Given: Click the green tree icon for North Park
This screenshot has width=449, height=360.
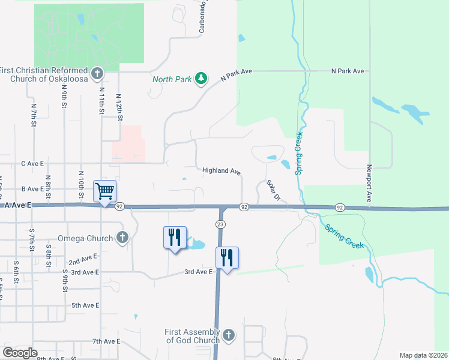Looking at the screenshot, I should tap(202, 79).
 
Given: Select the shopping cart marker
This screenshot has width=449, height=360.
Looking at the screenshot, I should tap(104, 192).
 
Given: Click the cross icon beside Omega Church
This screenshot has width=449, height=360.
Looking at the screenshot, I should tap(122, 238).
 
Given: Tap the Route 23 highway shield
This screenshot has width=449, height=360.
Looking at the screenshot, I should tap(220, 223).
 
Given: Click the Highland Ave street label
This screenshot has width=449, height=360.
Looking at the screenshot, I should tap(221, 171).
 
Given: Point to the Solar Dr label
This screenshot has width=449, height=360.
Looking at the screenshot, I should tap(273, 190).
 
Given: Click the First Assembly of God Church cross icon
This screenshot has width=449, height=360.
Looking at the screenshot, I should tap(228, 336).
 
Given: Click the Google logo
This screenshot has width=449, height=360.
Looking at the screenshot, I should tap(20, 353).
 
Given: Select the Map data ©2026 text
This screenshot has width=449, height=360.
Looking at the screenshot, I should tap(423, 355).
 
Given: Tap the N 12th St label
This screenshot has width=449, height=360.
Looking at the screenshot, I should tap(119, 107).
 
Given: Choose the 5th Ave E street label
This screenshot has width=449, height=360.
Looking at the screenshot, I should tap(85, 305).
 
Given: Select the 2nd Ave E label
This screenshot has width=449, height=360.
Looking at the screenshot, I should tap(83, 261).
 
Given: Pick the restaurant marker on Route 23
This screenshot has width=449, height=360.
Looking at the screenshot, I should tap(227, 258).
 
